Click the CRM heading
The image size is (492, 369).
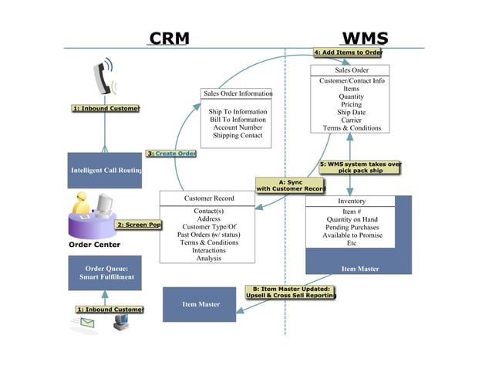pos(169,39)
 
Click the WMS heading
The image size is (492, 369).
pos(364,39)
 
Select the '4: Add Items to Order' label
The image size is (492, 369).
pos(347,52)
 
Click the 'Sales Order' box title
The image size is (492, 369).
pos(351,70)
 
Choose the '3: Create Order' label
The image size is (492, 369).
pos(171,154)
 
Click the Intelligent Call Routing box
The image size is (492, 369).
pos(105,170)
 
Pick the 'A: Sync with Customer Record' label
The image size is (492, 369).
pos(291,185)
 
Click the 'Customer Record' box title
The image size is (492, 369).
pos(209,198)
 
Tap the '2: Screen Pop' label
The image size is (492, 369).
pos(139,225)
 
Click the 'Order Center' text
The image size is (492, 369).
pos(94,245)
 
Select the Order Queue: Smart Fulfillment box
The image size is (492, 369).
pos(105,274)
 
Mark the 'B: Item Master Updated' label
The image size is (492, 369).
pos(291,292)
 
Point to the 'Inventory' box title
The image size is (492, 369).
pos(352,201)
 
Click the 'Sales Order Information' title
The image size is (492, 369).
pos(238,93)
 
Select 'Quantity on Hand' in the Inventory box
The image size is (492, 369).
pos(352,219)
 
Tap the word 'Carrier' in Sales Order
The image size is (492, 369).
pos(352,120)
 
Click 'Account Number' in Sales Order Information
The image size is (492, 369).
pos(238,127)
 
